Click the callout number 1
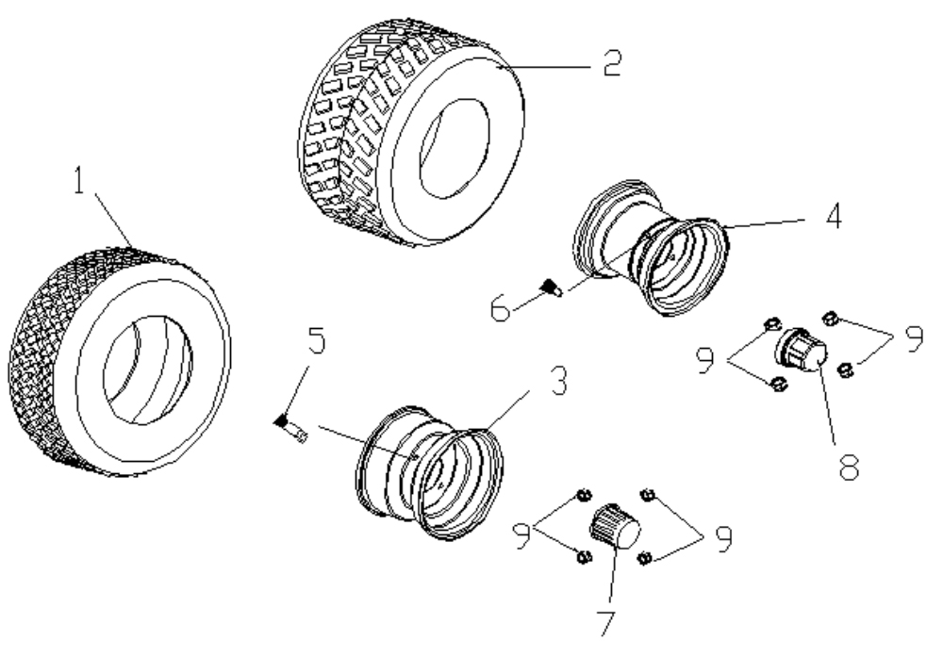coord(79,180)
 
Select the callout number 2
coord(612,62)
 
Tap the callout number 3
coord(559,381)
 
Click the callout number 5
coord(316,340)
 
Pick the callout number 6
coord(501,309)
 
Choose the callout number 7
coord(606,623)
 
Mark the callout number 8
coord(849,467)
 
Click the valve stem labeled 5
coord(291,427)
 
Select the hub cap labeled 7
coord(614,526)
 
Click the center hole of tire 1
coord(148,370)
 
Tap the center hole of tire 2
coord(455,149)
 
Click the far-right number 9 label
coord(914,338)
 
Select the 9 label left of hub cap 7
coord(521,535)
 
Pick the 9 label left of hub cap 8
coord(704,359)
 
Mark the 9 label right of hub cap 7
coord(723,538)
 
